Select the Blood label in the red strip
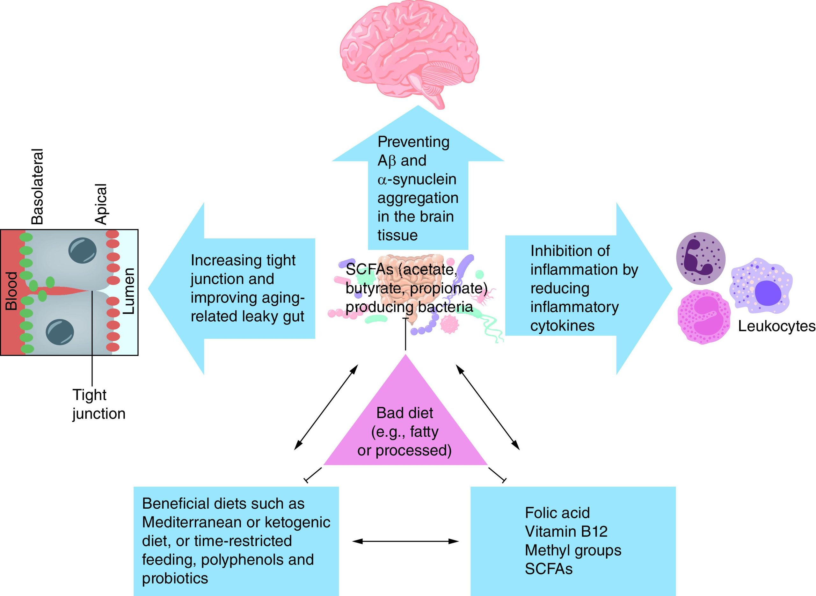coord(11,291)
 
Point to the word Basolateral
coord(37,186)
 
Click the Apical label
coord(101,204)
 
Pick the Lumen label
coord(129,291)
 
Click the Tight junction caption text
coord(98,404)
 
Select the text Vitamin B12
coord(566,531)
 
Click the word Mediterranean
coord(191,522)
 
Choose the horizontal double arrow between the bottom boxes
coord(405,541)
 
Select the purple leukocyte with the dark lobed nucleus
coord(700,258)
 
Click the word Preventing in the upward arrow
coord(413,142)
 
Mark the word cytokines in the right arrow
coord(562,326)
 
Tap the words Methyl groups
coord(573,550)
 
